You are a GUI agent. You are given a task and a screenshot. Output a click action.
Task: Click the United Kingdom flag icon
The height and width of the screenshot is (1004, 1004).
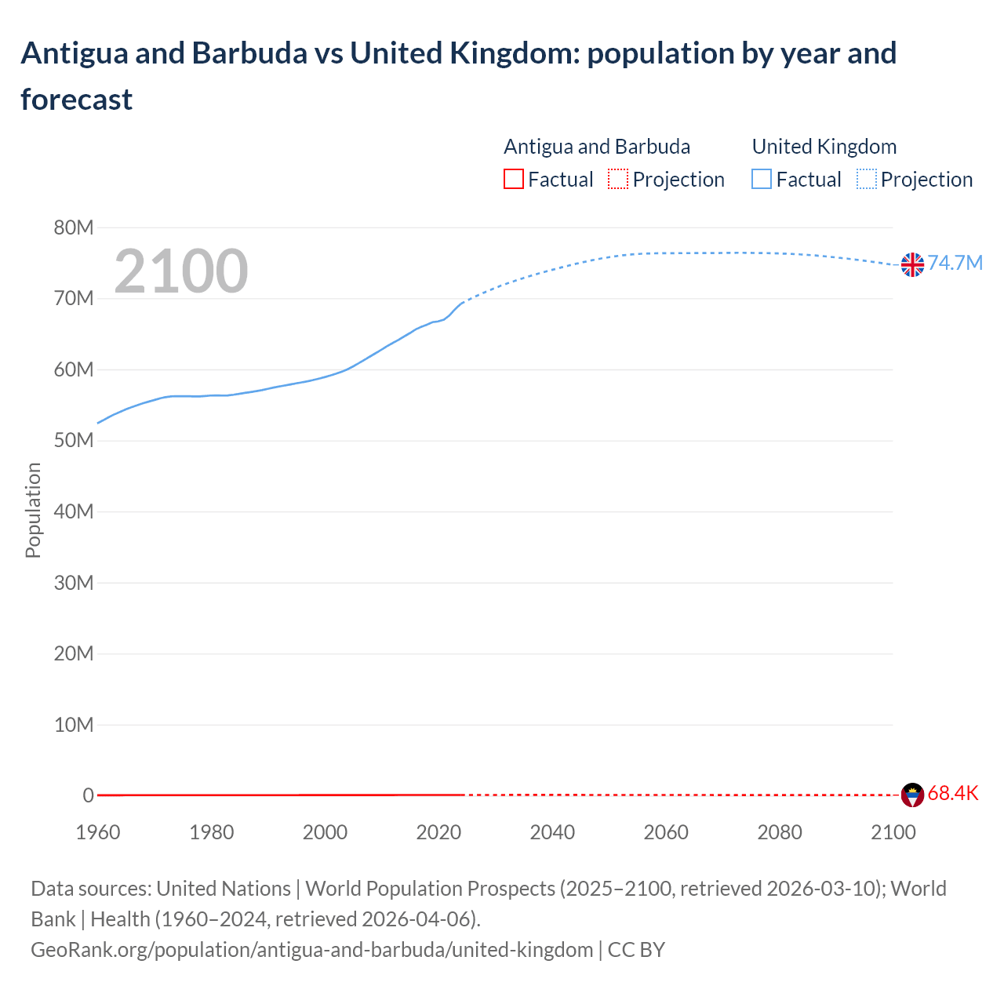[x=912, y=265]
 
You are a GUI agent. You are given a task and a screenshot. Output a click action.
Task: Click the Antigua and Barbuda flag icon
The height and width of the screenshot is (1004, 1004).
[x=912, y=795]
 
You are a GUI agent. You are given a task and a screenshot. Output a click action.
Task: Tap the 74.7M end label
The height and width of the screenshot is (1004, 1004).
[x=955, y=263]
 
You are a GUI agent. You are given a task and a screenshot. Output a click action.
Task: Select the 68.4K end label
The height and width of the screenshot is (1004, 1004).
[x=953, y=793]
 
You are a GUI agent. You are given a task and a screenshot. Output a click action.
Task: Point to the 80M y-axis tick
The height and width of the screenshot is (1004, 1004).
[x=74, y=227]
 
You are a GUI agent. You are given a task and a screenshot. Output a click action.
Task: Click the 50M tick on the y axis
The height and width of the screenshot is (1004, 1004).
[x=74, y=441]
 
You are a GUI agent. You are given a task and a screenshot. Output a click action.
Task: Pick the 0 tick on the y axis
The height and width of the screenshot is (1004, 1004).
[x=88, y=795]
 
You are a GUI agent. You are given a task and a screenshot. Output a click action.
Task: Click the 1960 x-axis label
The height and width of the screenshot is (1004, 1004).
[x=98, y=832]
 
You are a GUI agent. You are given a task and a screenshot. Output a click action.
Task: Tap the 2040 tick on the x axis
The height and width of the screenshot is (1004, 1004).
[x=552, y=832]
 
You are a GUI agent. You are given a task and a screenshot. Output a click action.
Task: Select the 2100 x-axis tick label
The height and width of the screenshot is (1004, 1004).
[x=893, y=832]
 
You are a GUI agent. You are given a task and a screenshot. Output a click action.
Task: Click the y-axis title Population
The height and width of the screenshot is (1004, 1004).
[x=33, y=510]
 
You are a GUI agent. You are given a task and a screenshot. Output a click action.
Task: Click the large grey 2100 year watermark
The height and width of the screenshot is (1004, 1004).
[x=181, y=271]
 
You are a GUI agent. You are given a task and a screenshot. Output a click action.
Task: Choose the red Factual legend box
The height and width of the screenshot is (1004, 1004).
[x=514, y=180]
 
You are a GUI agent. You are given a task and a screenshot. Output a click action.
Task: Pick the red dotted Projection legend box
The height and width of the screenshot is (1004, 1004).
[x=618, y=180]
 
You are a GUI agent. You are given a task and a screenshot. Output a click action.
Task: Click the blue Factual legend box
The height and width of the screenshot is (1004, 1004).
[x=762, y=180]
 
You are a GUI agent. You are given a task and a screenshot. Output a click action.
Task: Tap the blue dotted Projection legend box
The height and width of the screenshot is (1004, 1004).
[x=866, y=180]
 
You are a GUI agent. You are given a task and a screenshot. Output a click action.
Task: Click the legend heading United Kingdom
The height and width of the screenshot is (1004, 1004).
[x=824, y=147]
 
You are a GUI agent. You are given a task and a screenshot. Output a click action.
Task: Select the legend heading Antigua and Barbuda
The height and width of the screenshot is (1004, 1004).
[x=597, y=147]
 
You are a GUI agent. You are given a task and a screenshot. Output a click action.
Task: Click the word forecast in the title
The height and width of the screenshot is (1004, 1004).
[x=77, y=100]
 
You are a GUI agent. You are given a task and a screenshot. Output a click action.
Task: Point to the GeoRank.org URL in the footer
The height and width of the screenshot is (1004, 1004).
[x=312, y=950]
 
